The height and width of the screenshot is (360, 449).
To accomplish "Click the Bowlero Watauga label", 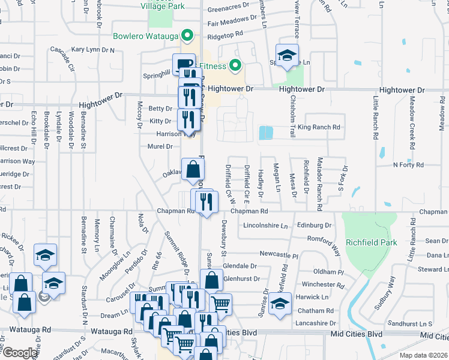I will click(146, 35).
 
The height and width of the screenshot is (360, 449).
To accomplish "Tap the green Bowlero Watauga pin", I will click(186, 35).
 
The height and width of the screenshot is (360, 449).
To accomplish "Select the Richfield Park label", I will click(372, 243).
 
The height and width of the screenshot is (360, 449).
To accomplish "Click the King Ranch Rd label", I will click(319, 127).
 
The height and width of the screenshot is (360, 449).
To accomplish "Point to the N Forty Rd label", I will click(408, 164).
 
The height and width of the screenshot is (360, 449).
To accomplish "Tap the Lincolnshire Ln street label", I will click(266, 226).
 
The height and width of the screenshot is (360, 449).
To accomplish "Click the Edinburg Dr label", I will click(315, 226).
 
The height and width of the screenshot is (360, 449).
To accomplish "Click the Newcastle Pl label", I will click(278, 255).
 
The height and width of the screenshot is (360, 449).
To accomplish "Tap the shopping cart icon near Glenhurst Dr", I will click(221, 304).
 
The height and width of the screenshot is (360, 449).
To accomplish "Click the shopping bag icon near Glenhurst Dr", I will click(211, 280).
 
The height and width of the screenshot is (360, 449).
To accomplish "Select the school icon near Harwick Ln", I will click(279, 303).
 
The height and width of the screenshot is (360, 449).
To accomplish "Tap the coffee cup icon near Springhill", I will click(183, 64).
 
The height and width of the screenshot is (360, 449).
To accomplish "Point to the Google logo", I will click(19, 353).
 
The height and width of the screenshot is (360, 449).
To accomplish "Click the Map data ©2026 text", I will click(423, 355).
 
